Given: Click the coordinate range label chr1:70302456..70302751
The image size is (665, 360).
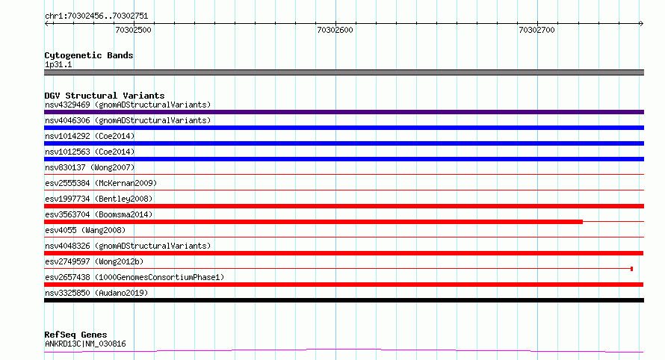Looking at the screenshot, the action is pos(96,16).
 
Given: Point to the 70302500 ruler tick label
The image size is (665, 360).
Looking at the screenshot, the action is pos(133,30).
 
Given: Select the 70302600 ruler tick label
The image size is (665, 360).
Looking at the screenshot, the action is pos(335,30).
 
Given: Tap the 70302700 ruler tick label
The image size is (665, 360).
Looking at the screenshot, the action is pos(537,30).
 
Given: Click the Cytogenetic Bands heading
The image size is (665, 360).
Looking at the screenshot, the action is pos(89,55).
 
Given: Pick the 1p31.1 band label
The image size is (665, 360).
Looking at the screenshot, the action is pos(58,64).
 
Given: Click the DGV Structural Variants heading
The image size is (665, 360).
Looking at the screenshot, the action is pos(105,96).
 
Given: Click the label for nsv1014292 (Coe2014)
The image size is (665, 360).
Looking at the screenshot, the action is pos(90,136).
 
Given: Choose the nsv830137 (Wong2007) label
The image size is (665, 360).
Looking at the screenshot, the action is pos(90,167).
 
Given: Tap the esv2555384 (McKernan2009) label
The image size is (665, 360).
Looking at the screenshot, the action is pos(101,183).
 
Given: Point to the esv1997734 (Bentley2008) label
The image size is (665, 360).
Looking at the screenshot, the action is pos(99,199).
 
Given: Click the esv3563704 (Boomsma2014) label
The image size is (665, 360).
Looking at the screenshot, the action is pos(99,214).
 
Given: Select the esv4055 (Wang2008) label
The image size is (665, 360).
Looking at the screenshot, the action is pos(85,230).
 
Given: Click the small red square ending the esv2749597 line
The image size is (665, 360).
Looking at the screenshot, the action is pos(631,269).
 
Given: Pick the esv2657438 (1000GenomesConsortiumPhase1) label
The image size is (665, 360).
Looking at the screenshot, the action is pos(134,277).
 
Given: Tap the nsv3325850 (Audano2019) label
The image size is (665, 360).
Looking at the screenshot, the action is pos(96,293).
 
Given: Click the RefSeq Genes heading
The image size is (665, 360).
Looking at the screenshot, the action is pos(75,335).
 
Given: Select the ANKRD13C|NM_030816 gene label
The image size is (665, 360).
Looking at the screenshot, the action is pos(85,344).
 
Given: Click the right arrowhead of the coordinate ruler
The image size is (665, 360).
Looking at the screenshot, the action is pos(642,24).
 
